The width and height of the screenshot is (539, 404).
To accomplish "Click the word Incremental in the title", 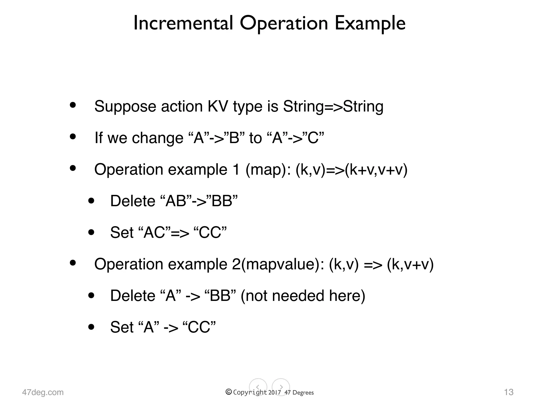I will (x=183, y=23).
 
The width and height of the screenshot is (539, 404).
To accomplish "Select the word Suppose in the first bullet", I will (x=125, y=107).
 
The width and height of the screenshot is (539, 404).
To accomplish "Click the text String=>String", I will (x=333, y=107).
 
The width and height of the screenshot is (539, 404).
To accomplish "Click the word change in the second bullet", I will (x=157, y=138).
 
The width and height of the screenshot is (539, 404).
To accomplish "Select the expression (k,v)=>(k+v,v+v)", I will (x=351, y=170).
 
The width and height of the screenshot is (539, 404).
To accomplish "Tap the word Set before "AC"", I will (x=122, y=233).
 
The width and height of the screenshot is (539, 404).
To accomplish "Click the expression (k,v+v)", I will (x=410, y=264).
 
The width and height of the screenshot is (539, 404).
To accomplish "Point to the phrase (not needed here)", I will (x=303, y=296).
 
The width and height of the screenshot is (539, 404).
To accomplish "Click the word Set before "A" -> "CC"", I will (x=122, y=327).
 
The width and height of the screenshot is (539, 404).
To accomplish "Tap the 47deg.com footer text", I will (x=43, y=392).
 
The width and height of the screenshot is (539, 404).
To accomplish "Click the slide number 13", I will (x=508, y=392).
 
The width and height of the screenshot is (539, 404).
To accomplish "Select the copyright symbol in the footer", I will (x=229, y=392).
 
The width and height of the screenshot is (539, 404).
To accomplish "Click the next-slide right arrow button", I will (x=281, y=387).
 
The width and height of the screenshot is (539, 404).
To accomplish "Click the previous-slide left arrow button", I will (x=258, y=387).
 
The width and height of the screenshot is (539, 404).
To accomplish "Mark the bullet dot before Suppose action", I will (x=73, y=105).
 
